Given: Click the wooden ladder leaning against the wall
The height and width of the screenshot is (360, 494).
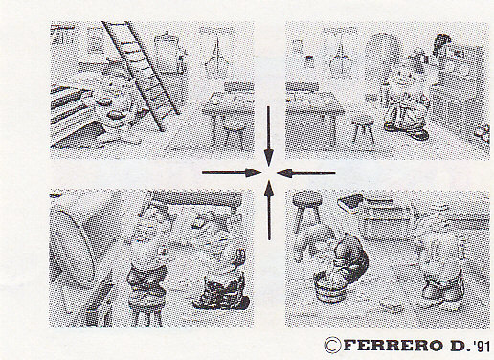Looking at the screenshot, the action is click(x=141, y=75).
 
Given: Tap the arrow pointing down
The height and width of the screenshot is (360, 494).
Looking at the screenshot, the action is click(x=269, y=136).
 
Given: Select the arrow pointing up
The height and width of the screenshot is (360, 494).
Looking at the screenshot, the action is click(x=269, y=211).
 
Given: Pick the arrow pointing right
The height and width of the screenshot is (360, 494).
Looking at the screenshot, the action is click(x=232, y=173).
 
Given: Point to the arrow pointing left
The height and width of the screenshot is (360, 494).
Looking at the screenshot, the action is click(x=305, y=173).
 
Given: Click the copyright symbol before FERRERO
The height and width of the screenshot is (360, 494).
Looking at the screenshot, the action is click(x=332, y=345).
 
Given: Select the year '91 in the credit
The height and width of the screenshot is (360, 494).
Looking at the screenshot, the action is click(x=482, y=346).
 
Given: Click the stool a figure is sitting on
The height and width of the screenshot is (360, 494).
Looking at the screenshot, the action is click(x=146, y=309).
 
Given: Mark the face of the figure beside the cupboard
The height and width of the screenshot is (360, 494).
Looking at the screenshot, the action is click(x=404, y=78).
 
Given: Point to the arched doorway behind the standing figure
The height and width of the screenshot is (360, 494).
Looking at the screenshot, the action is click(x=382, y=64).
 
